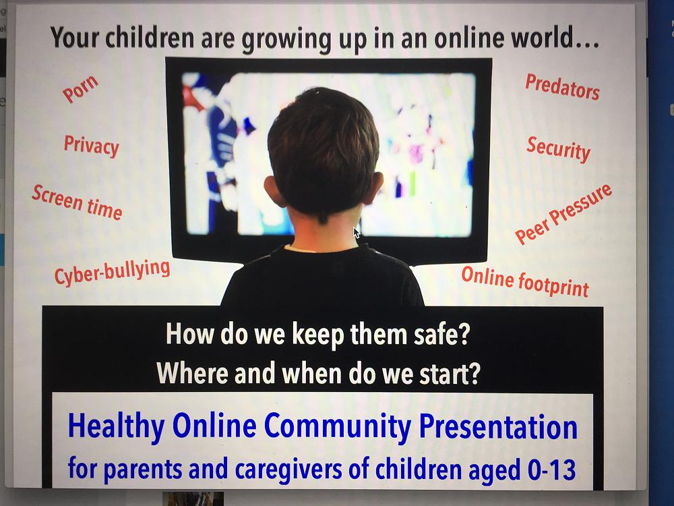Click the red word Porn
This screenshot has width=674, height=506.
[80, 89]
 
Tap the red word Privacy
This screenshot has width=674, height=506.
[92, 146]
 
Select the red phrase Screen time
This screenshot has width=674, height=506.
[78, 202]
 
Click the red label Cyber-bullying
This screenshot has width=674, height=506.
[112, 273]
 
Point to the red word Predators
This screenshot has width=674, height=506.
[562, 87]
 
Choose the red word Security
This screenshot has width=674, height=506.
[558, 149]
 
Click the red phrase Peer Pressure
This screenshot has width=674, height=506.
[563, 214]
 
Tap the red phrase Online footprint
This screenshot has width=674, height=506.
[525, 282]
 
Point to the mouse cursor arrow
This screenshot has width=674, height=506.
[357, 232]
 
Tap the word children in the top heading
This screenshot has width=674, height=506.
[150, 38]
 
